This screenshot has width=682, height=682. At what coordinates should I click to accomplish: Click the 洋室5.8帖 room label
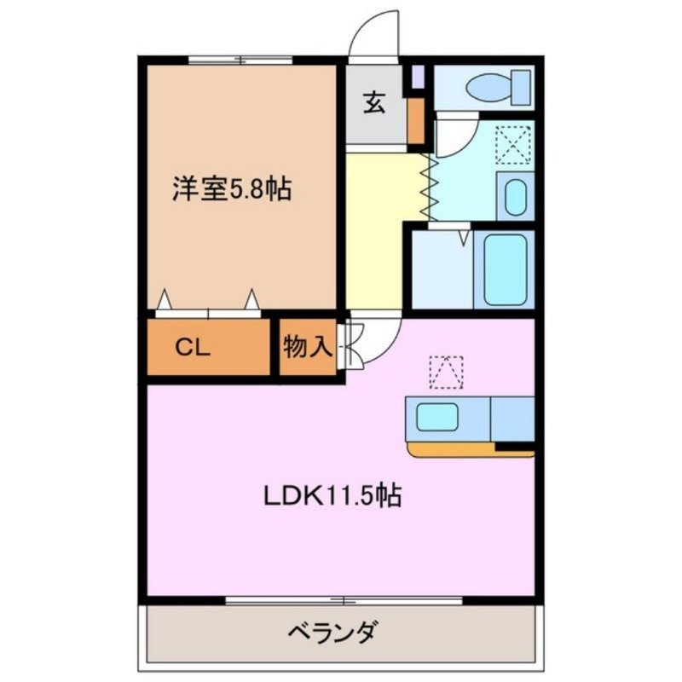point(232,189)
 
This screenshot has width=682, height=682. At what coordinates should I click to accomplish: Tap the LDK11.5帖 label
point(331,494)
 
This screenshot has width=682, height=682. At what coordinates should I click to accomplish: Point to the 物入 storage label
point(308,347)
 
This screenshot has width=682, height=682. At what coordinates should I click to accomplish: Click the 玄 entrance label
point(375,102)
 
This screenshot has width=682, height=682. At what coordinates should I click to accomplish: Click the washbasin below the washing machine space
point(514,196)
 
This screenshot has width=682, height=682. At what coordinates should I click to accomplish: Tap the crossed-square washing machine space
point(513,144)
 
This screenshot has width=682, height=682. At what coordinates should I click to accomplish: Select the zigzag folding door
point(428,186)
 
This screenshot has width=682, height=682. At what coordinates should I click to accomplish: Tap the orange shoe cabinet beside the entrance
point(415,121)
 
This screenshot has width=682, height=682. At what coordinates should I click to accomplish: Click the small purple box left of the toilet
point(417,78)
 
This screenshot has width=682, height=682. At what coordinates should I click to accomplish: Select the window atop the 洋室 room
point(240,60)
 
